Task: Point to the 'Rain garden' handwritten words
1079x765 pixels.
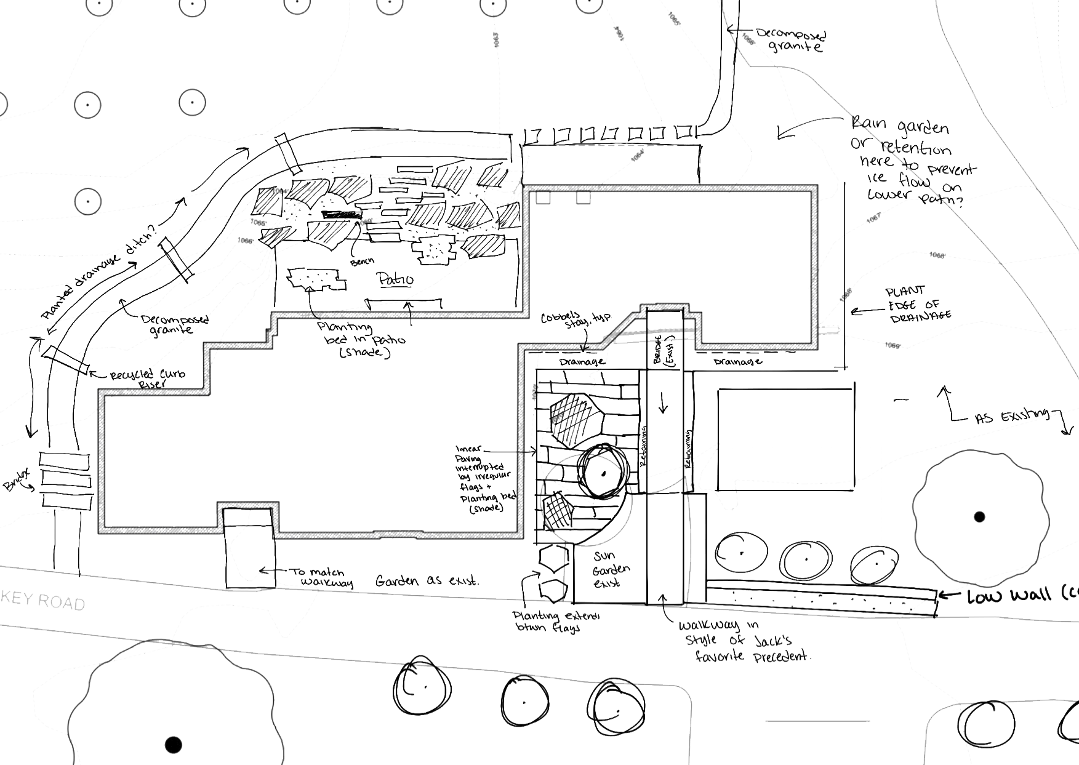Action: (x=900, y=127)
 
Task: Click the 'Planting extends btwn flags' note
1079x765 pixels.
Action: (x=557, y=622)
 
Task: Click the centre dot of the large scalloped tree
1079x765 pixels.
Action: (x=979, y=516)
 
